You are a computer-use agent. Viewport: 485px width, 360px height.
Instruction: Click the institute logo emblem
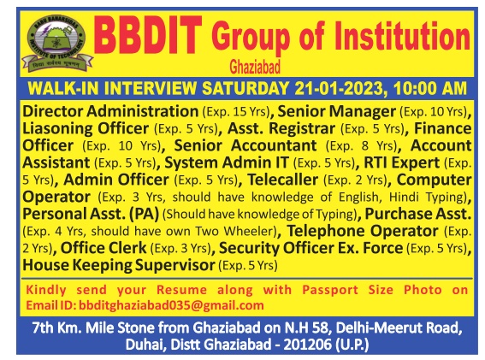coord(57,44)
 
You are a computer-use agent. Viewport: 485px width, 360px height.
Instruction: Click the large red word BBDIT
coord(148,37)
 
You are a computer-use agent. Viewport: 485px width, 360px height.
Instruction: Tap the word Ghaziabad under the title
coord(255,67)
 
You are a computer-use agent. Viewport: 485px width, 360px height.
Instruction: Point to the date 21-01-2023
coord(339,88)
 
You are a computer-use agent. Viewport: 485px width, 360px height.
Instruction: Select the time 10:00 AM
coord(430,88)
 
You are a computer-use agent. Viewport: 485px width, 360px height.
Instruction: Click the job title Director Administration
coord(110,111)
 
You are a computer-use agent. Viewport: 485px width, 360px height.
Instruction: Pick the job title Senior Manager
coord(336,111)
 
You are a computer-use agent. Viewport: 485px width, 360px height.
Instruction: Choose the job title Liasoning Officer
coord(86,128)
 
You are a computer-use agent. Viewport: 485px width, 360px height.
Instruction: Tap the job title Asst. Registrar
coord(281,128)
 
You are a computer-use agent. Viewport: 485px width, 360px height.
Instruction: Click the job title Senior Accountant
coord(245,145)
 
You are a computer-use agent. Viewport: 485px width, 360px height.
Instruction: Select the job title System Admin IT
coord(227,162)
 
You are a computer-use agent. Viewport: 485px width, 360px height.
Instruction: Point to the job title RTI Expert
coord(401,162)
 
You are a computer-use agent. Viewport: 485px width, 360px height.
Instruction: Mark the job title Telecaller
coord(283,180)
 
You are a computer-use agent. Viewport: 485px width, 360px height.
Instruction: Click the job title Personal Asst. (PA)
coord(91,214)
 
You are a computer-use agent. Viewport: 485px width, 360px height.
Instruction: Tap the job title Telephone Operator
coord(362,231)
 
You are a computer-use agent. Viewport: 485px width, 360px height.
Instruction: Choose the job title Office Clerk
coord(104,248)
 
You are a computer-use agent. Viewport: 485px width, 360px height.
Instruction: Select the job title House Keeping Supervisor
coord(119,265)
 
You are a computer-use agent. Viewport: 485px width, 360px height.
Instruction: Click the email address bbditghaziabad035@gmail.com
coord(171,305)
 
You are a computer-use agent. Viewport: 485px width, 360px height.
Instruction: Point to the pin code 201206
coord(307,345)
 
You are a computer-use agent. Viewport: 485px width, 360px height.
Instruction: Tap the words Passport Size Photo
coord(372,290)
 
